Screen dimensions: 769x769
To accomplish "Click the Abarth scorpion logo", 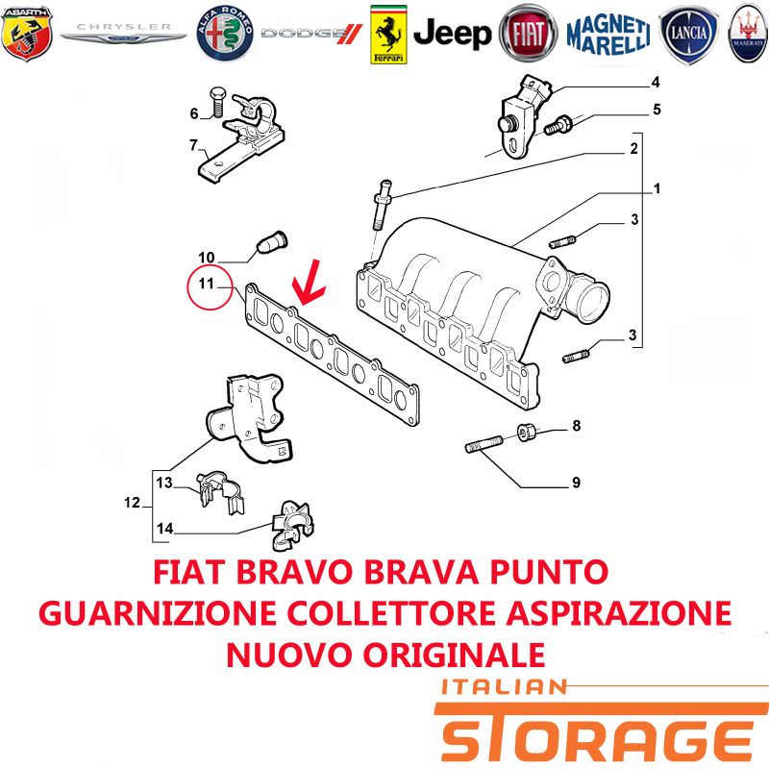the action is click(x=27, y=34).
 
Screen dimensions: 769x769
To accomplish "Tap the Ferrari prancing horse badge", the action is click(x=388, y=35).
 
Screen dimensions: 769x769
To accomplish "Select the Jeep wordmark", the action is click(x=452, y=34).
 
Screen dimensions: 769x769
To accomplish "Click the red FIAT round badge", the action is click(x=528, y=34).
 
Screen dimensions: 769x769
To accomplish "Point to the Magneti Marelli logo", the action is click(x=608, y=35).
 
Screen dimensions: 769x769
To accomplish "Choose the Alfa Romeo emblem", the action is click(x=225, y=34).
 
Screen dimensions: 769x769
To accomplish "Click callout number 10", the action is click(x=207, y=257).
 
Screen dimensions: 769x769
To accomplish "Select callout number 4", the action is click(x=656, y=83).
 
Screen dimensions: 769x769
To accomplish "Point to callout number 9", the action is click(x=576, y=483).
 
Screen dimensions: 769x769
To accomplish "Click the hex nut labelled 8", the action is click(x=527, y=432).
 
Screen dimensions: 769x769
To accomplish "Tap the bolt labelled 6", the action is click(x=216, y=103).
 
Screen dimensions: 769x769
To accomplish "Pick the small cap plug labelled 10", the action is click(x=272, y=241).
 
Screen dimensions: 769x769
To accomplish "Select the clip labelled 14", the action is click(x=292, y=525).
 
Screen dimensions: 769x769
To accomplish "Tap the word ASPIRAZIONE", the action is click(x=619, y=613).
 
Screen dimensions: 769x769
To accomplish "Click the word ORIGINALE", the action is click(x=455, y=655).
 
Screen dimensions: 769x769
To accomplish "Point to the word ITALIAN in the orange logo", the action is click(x=504, y=686).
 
